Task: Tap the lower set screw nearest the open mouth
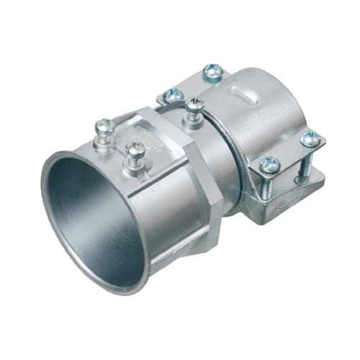pyautogui.click(x=134, y=149)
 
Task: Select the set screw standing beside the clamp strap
pyautogui.click(x=194, y=106)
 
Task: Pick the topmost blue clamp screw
pyautogui.click(x=212, y=71)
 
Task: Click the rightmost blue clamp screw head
pyautogui.click(x=310, y=139)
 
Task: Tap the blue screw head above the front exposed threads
pyautogui.click(x=269, y=165)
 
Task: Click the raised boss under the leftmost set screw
pyautogui.click(x=104, y=144)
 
